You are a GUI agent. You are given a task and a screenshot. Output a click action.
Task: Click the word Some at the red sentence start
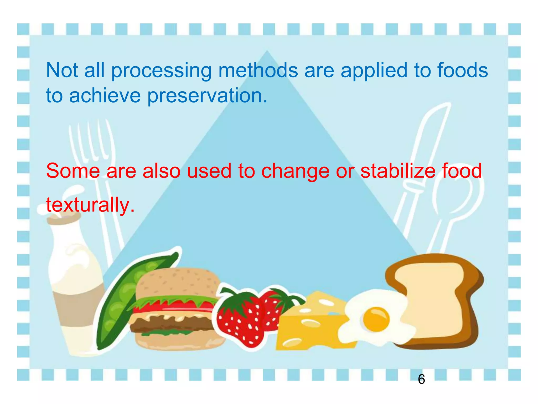point(73,171)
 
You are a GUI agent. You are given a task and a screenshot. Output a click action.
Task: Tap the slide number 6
point(421,379)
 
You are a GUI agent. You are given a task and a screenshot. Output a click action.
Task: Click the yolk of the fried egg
point(376,319)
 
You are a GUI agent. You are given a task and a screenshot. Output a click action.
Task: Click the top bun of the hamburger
point(179,283)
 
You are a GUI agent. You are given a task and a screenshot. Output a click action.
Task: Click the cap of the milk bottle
point(63,218)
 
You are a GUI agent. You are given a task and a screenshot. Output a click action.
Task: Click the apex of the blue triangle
point(267,53)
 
